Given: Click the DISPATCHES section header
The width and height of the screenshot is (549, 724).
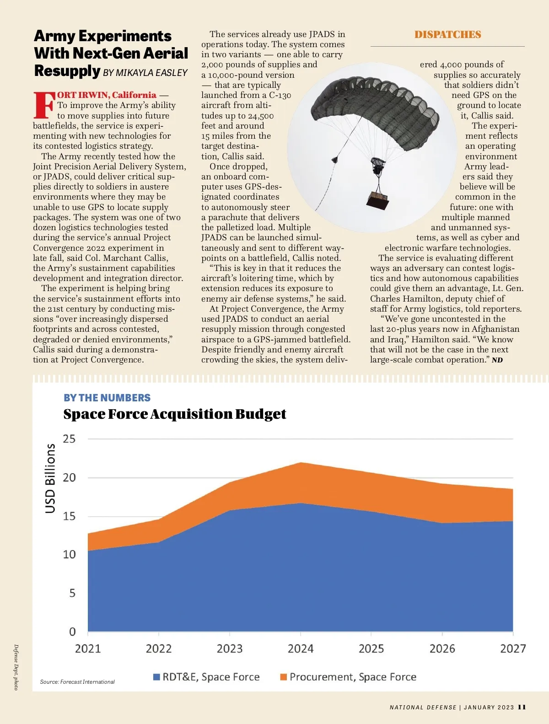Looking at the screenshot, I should pyautogui.click(x=447, y=35).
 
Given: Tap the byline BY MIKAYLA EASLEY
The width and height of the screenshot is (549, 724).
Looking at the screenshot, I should pyautogui.click(x=145, y=73).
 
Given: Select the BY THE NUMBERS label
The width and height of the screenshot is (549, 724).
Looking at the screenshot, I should pyautogui.click(x=107, y=398).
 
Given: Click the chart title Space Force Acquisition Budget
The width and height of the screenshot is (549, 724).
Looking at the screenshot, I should pyautogui.click(x=174, y=414).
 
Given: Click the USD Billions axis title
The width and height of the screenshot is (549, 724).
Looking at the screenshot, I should pyautogui.click(x=50, y=478).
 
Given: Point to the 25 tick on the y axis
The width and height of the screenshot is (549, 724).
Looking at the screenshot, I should pyautogui.click(x=69, y=439).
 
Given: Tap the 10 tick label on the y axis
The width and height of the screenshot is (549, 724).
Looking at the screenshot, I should pyautogui.click(x=69, y=555).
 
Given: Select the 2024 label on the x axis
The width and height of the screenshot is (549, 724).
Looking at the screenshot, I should pyautogui.click(x=301, y=648).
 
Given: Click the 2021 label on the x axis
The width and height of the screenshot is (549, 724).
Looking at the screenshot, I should pyautogui.click(x=88, y=648).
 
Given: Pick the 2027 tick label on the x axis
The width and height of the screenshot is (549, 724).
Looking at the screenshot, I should pyautogui.click(x=513, y=648).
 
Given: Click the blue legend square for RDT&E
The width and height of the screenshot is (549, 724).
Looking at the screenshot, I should pyautogui.click(x=156, y=677).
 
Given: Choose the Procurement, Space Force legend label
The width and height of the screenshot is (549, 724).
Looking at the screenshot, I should pyautogui.click(x=353, y=677).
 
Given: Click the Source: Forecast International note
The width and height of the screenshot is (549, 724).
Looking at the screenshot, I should pyautogui.click(x=77, y=682).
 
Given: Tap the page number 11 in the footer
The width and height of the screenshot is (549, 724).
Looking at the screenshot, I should pyautogui.click(x=522, y=707).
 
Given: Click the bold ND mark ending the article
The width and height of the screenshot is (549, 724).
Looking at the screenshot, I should pyautogui.click(x=497, y=360).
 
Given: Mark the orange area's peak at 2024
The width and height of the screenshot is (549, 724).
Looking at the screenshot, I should pyautogui.click(x=301, y=464).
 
